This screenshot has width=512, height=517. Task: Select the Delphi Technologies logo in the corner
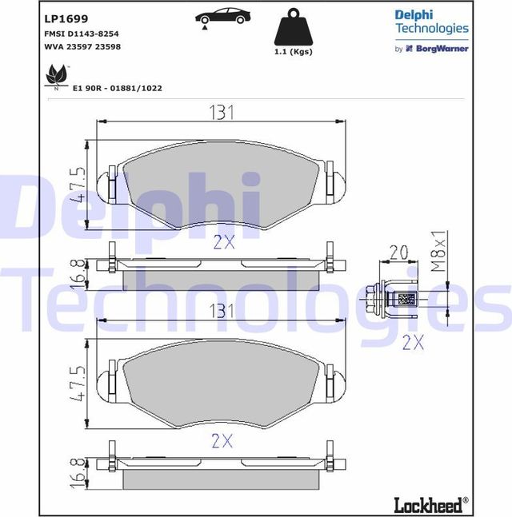point(431,22)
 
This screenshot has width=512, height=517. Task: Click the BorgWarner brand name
point(440,49)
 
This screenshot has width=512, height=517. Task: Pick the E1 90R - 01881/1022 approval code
point(117,88)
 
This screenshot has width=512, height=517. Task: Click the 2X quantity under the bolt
point(412,342)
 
